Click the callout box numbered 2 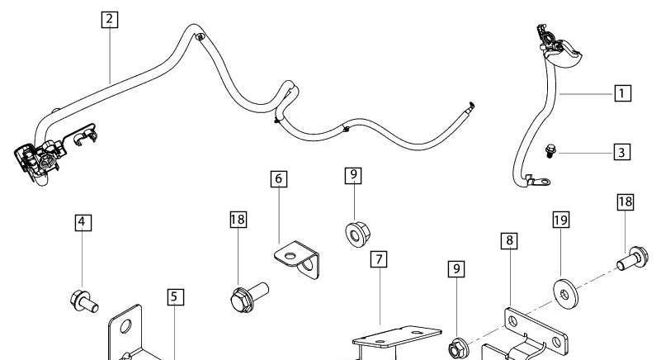pos(110,20)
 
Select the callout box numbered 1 pos(623,93)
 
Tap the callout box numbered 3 pos(622,152)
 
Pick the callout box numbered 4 pos(83,222)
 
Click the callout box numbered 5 pos(175,297)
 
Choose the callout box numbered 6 pos(279,179)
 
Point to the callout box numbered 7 pos(379,259)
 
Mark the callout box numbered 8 pos(509,240)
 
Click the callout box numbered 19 pos(560,220)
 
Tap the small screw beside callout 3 pos(550,150)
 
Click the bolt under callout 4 pos(84,301)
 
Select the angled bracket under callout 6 pos(297,258)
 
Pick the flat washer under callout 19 pos(565,293)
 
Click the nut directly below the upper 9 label pos(357,234)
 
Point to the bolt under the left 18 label pos(249,297)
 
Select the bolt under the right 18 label pos(632,258)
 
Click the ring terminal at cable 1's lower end pos(537,182)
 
